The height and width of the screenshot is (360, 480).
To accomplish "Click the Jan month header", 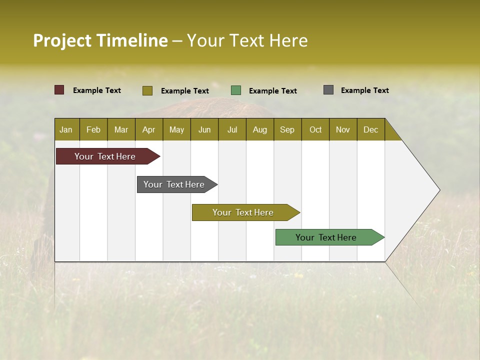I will coord(66,129).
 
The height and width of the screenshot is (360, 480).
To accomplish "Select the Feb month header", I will coord(93,129).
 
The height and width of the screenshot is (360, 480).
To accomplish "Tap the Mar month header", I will coord(121,129).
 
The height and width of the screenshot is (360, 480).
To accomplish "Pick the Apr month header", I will coord(149,129).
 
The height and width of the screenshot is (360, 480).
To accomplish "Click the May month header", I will coord(176,129).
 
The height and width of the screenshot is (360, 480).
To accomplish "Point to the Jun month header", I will coord(204,129).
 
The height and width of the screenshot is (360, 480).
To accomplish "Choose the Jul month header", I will coord(232,129).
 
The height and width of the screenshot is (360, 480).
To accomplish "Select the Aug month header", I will coord(260,129).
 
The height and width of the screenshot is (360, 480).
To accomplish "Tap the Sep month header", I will coord(287,129).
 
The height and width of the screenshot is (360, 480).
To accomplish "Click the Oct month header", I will coord(315,129).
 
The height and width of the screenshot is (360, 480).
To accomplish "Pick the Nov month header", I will coord(343,129).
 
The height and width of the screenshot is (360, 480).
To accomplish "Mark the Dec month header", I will coord(371,129).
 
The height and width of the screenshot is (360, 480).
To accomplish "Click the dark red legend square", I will coord(59,90).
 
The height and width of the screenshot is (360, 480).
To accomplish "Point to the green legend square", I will coord(236,90).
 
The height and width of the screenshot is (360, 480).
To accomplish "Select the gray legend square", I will coord(328,90).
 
